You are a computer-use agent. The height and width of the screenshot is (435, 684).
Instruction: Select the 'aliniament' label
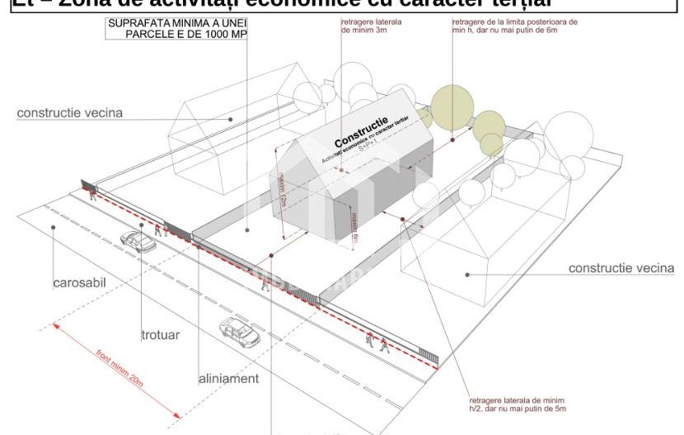[x=228, y=379]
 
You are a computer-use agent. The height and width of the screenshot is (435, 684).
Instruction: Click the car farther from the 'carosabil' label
[x=240, y=333]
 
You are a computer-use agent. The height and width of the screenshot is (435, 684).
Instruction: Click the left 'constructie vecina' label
[x=70, y=112]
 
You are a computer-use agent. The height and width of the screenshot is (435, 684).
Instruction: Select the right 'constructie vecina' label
[x=621, y=268]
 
